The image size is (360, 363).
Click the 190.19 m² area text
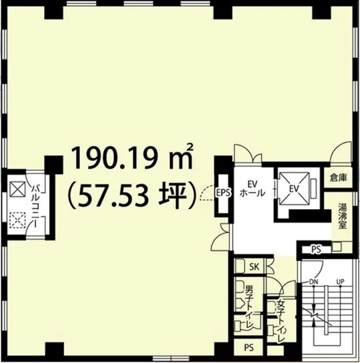(132, 157)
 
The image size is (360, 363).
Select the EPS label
(223, 192)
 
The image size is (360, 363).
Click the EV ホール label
(253, 188)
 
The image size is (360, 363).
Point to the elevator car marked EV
(295, 189)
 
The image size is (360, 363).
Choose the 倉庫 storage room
(339, 178)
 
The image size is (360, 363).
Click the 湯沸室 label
(342, 216)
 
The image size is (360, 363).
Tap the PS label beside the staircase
(316, 250)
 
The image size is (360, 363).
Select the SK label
(254, 267)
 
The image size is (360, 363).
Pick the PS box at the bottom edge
(249, 347)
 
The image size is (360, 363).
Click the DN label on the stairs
(314, 282)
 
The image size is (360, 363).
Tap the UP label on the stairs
(340, 282)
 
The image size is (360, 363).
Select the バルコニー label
(36, 206)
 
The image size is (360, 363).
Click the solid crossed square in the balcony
(17, 189)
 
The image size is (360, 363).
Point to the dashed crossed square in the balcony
(17, 220)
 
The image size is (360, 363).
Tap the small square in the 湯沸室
(337, 246)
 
